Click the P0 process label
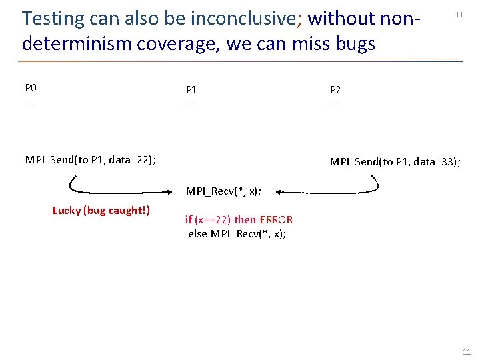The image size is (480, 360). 31,88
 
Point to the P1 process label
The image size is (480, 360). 191,89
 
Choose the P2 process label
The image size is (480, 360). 335,89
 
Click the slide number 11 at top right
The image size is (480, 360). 459,15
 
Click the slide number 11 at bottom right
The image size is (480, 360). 466,352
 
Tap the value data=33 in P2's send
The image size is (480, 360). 433,162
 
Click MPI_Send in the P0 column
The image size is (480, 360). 49,159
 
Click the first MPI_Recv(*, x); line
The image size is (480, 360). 224,191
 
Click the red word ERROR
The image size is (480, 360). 275,219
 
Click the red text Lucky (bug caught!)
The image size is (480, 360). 101,211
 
